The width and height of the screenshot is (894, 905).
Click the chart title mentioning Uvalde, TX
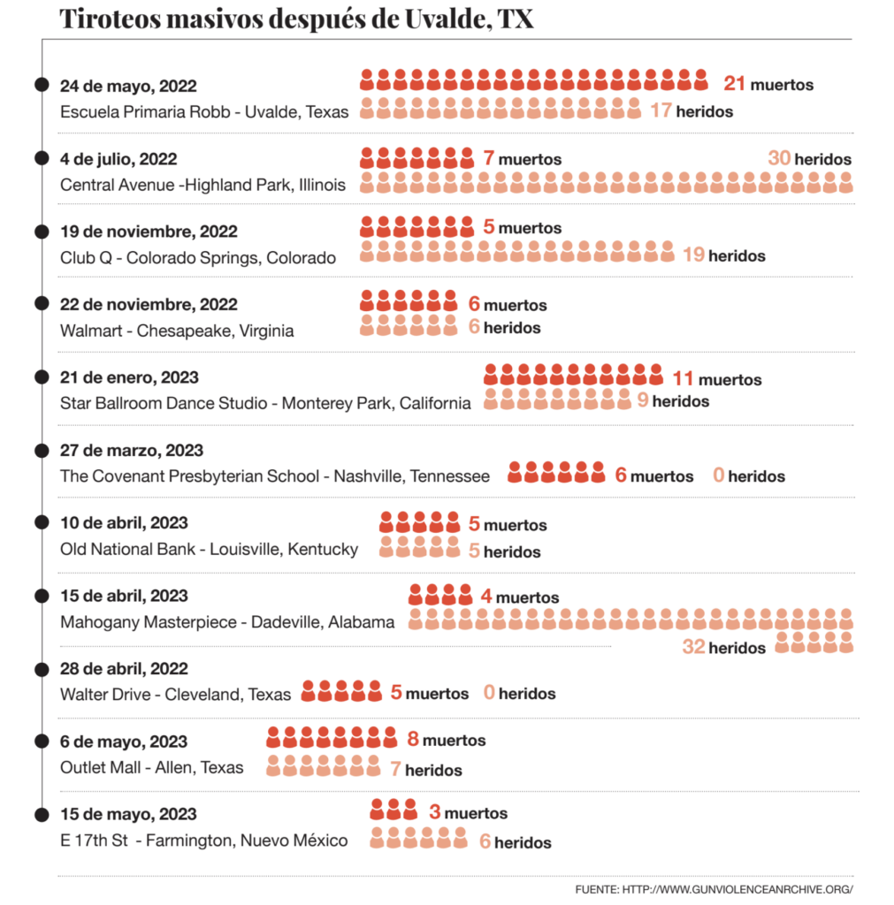[x=296, y=19]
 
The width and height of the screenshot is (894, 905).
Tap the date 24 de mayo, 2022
[x=128, y=86]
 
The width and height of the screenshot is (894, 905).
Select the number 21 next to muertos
[x=735, y=84]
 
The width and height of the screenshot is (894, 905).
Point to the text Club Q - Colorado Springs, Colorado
[x=198, y=258]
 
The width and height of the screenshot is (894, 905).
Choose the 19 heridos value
[x=694, y=255]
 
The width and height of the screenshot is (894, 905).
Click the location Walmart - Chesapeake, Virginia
[x=177, y=331]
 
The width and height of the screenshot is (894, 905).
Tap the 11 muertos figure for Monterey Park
[x=683, y=379]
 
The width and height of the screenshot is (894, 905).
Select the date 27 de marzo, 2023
[x=132, y=450]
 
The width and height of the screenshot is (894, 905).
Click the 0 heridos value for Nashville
[x=719, y=476]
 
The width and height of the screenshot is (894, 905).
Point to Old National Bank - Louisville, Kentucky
[x=209, y=549]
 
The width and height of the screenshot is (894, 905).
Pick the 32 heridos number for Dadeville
[x=693, y=648]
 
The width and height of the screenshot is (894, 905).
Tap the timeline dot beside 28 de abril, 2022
[x=42, y=668]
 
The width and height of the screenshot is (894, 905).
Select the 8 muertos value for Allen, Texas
[x=413, y=740]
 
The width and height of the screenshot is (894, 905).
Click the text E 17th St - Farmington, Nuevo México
[x=203, y=840]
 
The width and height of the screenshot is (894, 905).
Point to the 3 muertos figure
[x=435, y=812]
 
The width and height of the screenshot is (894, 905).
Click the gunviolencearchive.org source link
[x=714, y=889]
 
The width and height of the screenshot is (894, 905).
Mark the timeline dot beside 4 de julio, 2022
[x=42, y=158]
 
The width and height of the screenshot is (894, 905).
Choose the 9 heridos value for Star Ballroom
[x=643, y=401]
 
